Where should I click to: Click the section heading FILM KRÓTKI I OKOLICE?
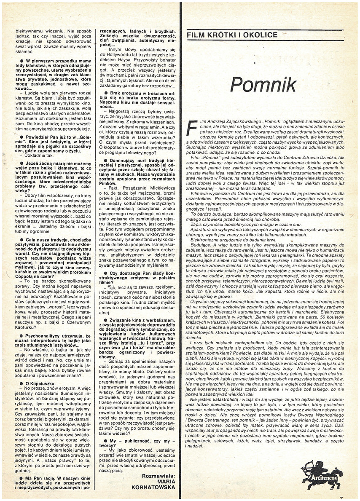(x=232, y=35)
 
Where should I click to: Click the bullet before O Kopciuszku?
(x=16, y=383)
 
